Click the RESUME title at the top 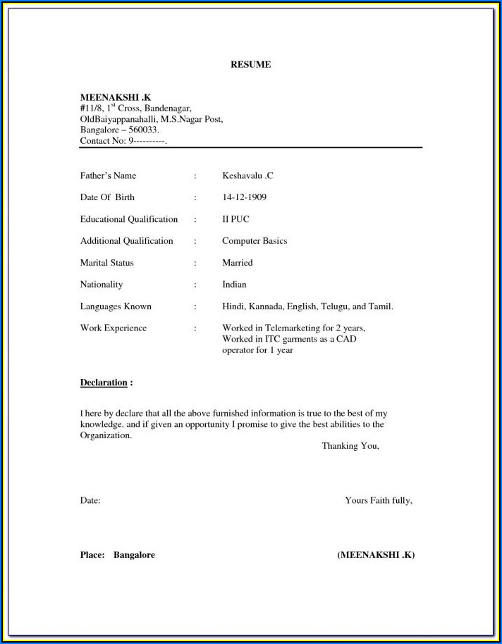tap(250, 65)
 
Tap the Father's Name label tap(108, 175)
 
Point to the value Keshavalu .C tap(247, 175)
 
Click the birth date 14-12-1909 tap(244, 197)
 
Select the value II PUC tap(235, 219)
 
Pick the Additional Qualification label tap(126, 241)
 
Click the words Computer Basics tap(255, 241)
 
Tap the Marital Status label tap(106, 263)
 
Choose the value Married tap(237, 263)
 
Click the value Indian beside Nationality tap(234, 285)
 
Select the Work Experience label tap(114, 328)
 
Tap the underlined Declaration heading tap(104, 383)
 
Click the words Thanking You tap(350, 446)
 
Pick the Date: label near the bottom tap(90, 500)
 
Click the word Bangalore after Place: tap(134, 555)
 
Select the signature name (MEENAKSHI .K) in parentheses tap(376, 555)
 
